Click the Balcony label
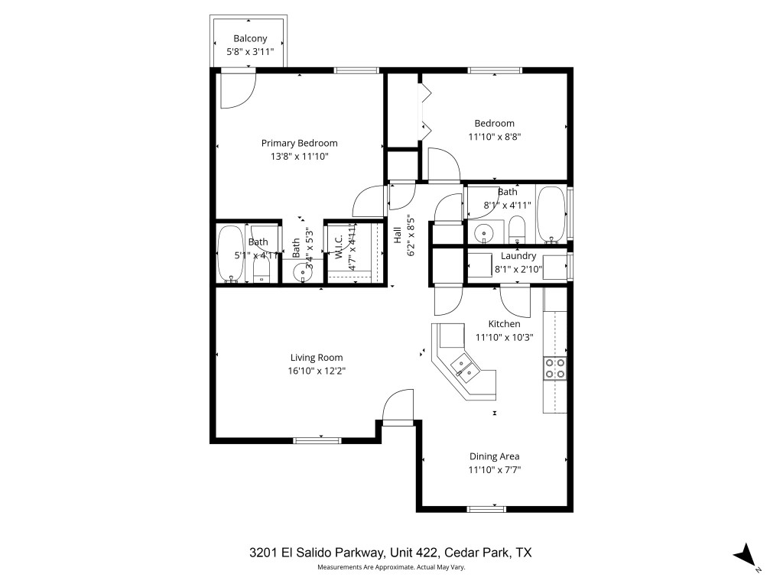pos(250,38)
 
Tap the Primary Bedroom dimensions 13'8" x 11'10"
pos(300,156)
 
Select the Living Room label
pos(317,357)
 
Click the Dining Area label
pos(494,456)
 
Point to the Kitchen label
pos(504,324)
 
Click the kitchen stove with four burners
pos(555,368)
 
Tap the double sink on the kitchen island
pos(464,368)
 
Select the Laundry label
pos(518,256)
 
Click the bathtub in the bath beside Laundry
pos(551,213)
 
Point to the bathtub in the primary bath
pos(229,254)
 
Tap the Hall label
pos(397,235)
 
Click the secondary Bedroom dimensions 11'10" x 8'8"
pos(494,137)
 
